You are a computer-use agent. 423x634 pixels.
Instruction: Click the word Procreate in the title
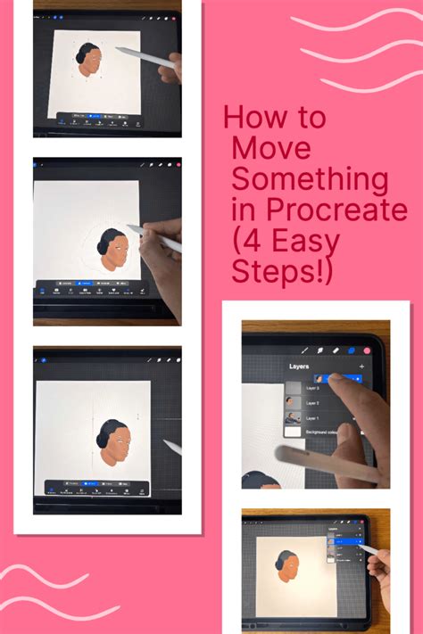point(344,210)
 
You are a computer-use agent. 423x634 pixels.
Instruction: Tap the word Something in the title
point(310,180)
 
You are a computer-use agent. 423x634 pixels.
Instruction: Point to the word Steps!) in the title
point(283,271)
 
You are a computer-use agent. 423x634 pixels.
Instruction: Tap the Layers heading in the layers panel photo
point(305,366)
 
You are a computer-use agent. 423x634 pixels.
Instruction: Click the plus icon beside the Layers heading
point(361,366)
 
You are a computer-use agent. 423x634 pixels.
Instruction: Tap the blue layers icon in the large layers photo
point(351,351)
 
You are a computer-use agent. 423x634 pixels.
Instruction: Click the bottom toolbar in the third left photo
point(94,489)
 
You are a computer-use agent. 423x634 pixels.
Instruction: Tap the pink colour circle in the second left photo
point(178,165)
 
